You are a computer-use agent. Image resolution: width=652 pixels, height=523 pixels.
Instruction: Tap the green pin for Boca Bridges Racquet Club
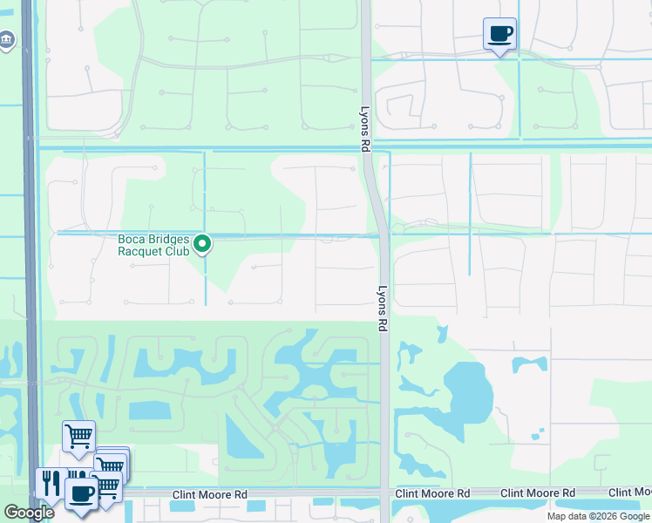(202, 244)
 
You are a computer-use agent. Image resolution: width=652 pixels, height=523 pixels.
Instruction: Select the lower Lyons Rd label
(382, 309)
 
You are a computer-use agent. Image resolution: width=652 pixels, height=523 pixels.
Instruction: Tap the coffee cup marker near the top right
(499, 35)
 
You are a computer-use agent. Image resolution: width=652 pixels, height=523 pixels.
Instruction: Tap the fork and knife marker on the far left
(50, 483)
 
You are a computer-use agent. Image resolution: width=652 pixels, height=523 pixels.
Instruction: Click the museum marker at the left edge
(7, 40)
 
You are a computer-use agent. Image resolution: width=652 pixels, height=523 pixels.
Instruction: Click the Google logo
(29, 513)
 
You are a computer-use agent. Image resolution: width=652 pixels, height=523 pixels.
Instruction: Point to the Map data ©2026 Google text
(599, 517)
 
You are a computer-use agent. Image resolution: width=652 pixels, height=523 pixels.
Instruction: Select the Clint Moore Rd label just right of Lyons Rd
(432, 493)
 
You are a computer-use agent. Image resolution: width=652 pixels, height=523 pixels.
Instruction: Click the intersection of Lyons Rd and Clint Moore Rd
(384, 493)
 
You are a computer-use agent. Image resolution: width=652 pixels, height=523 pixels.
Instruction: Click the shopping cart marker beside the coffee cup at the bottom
(106, 486)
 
